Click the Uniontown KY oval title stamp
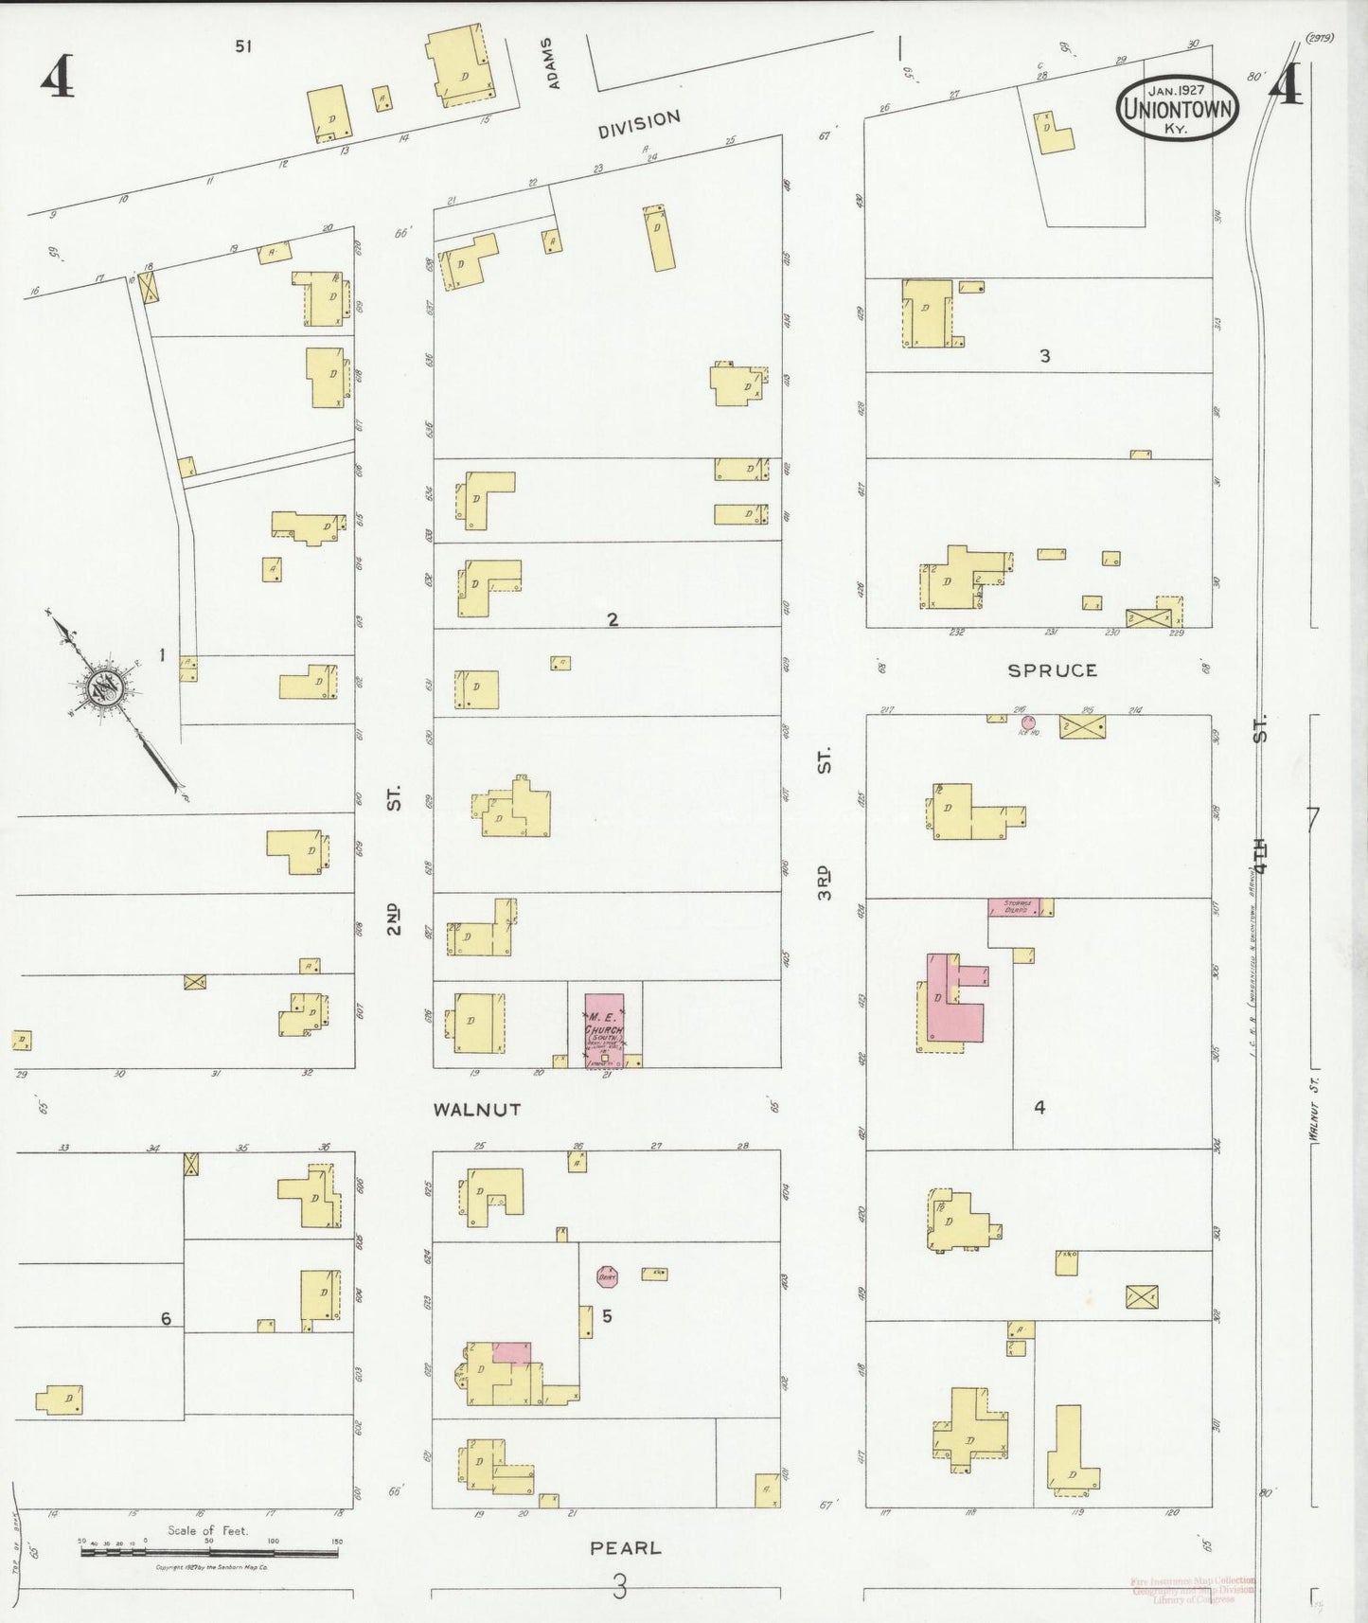1177,108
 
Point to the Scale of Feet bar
210,1551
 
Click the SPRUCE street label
1052,670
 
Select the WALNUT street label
477,1109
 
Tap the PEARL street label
626,1548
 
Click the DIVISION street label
639,124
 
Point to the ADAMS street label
553,63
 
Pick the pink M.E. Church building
604,1028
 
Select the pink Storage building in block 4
1014,906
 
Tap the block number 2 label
613,619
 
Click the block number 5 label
607,1315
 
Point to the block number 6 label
166,1318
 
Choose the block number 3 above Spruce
1044,356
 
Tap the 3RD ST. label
824,824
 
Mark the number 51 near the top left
243,45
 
